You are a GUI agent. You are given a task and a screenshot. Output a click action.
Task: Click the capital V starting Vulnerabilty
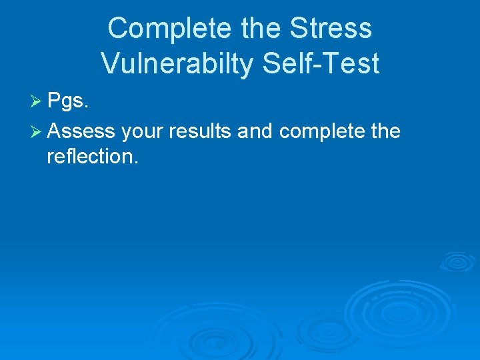pyautogui.click(x=110, y=63)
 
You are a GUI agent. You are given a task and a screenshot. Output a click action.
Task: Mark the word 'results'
pyautogui.click(x=201, y=131)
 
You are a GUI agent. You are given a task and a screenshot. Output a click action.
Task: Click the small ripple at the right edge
pyautogui.click(x=458, y=261)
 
